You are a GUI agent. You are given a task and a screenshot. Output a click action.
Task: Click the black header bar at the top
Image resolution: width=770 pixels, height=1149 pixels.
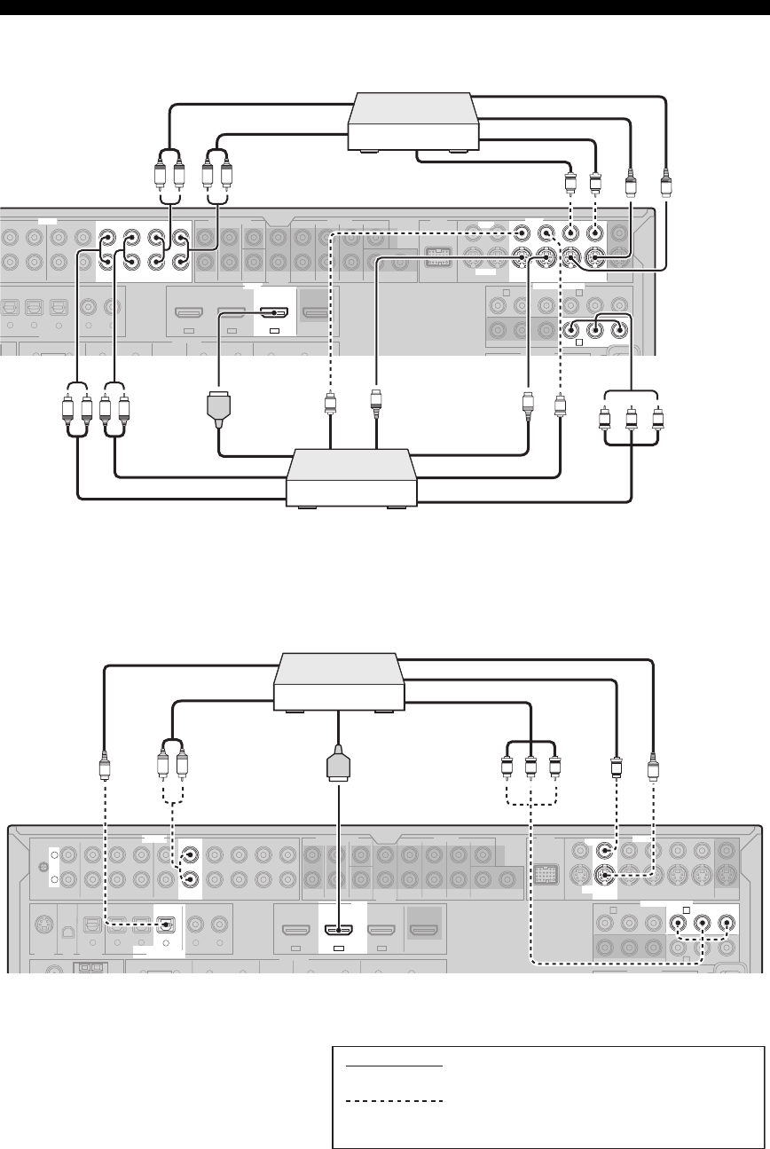click(385, 7)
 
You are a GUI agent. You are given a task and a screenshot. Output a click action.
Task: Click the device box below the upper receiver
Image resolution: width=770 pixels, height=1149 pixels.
click(352, 478)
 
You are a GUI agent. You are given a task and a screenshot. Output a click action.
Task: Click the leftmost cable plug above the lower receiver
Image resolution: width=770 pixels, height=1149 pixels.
click(104, 763)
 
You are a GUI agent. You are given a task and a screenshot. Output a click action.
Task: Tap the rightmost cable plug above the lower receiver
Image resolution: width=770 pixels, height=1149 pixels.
click(653, 762)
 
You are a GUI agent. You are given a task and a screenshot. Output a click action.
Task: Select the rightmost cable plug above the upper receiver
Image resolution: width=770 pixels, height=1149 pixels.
click(665, 187)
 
